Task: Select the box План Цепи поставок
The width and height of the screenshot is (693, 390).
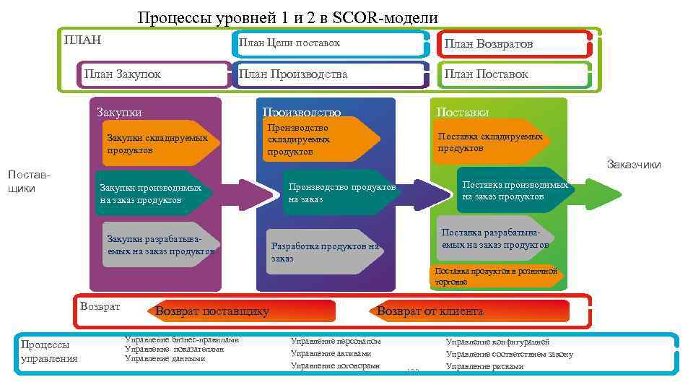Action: pyautogui.click(x=332, y=43)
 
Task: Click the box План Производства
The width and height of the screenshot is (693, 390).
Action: pyautogui.click(x=328, y=74)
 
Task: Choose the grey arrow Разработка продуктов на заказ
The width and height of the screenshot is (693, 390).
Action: pyautogui.click(x=321, y=251)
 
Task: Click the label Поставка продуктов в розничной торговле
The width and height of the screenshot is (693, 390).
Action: pyautogui.click(x=497, y=277)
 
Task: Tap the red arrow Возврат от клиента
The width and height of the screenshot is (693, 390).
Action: pyautogui.click(x=469, y=311)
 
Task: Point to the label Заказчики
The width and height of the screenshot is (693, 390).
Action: pyautogui.click(x=633, y=165)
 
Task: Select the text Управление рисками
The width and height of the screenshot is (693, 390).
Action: pyautogui.click(x=484, y=366)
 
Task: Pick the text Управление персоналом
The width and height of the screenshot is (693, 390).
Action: pyautogui.click(x=336, y=341)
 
